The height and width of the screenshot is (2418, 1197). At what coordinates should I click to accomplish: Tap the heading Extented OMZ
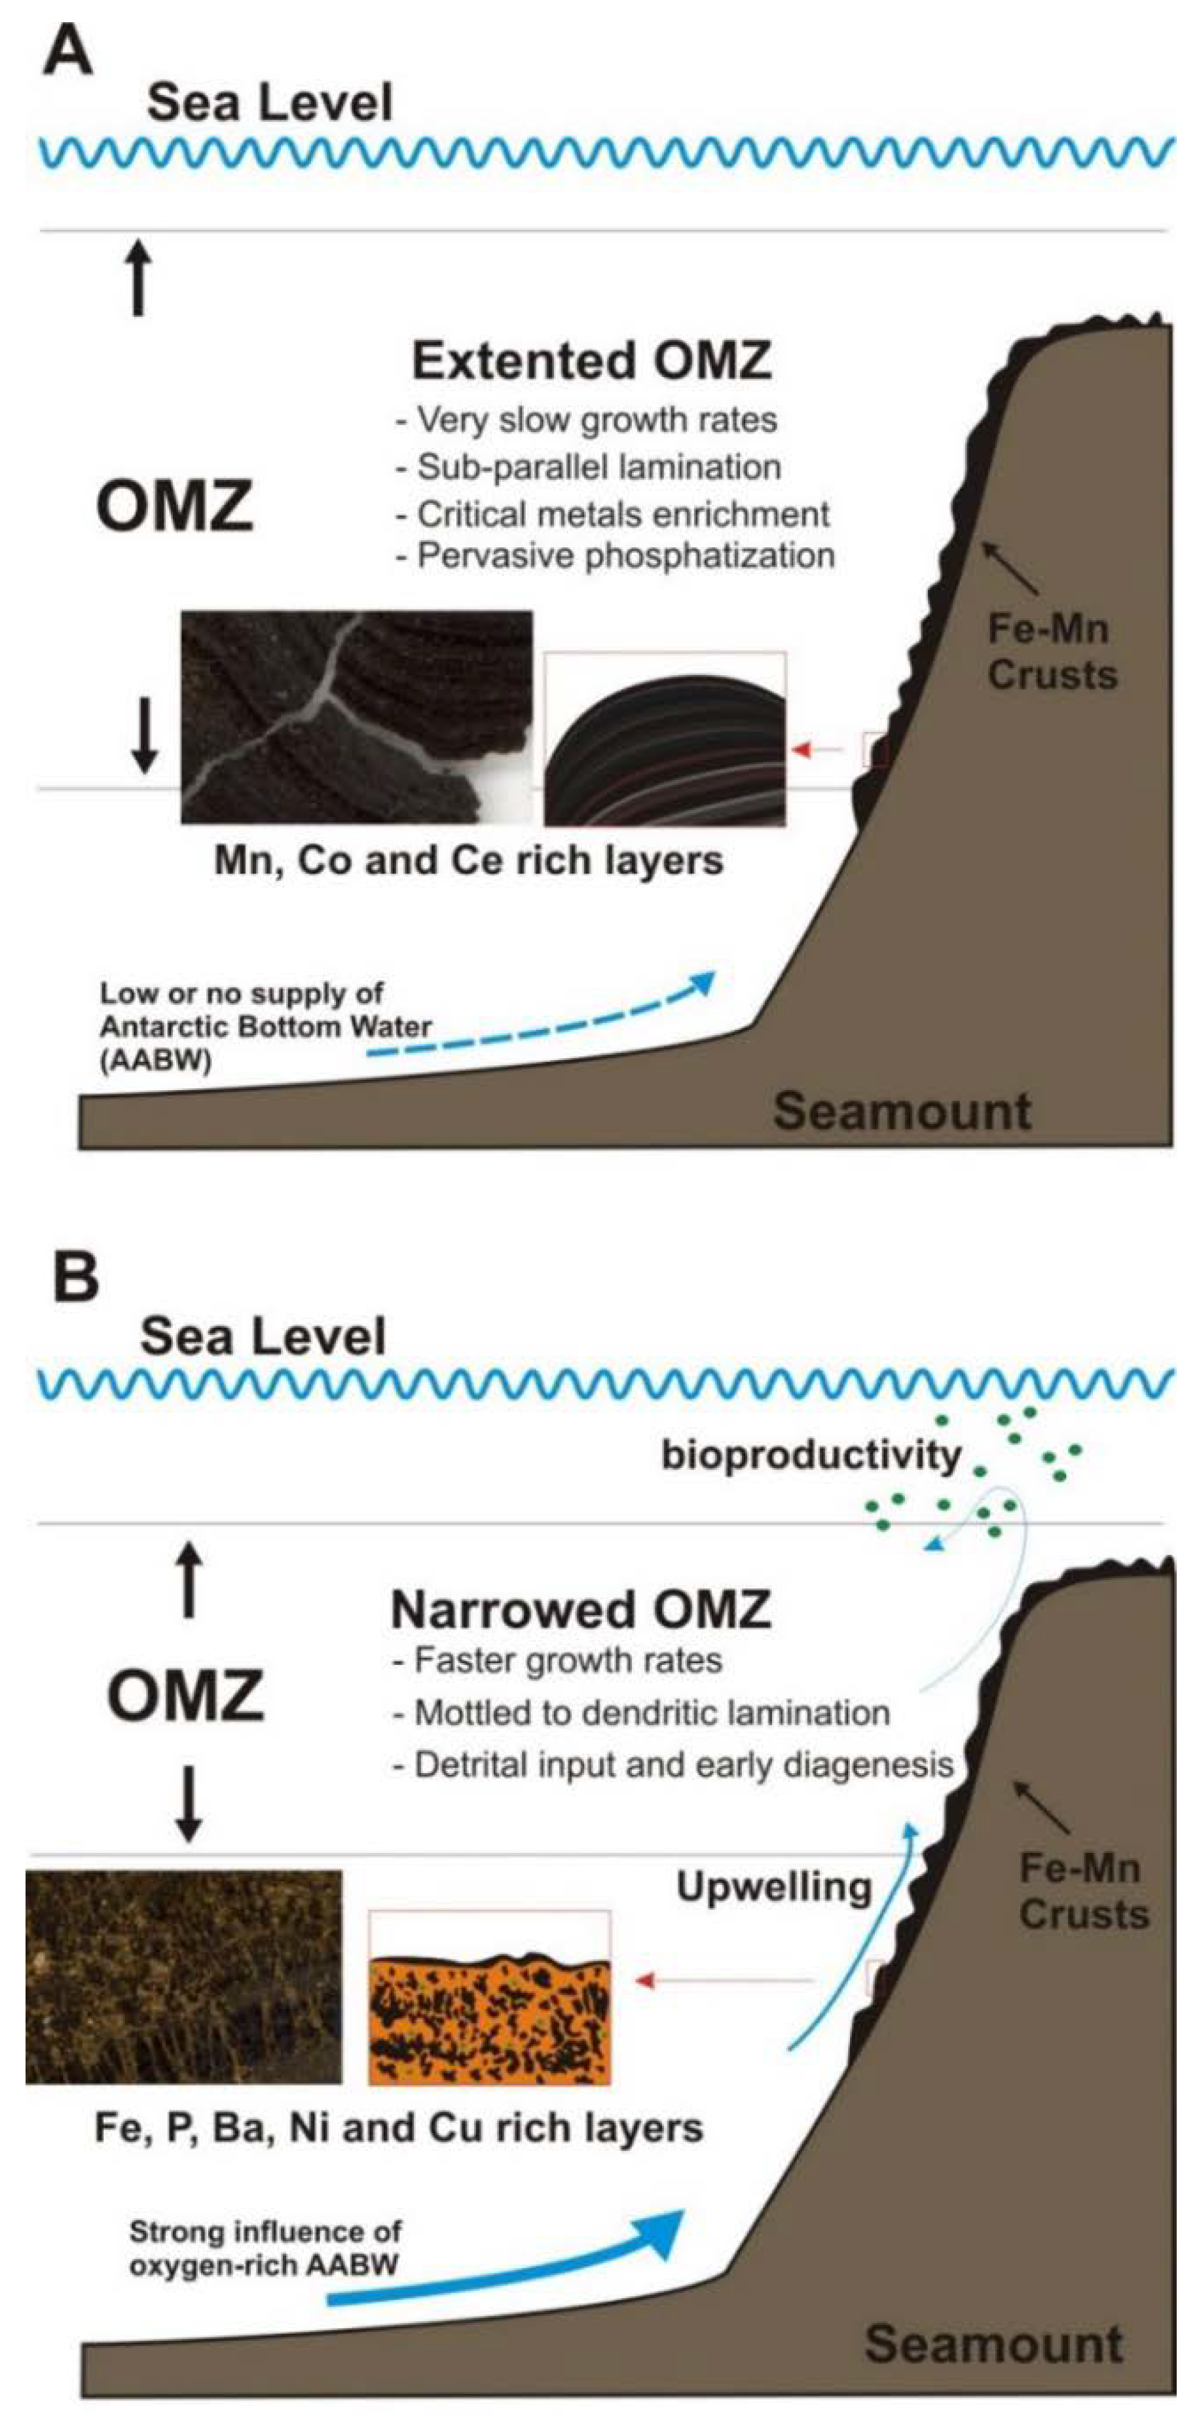pos(591,361)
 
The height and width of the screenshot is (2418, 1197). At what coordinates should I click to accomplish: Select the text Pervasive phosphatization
pos(624,556)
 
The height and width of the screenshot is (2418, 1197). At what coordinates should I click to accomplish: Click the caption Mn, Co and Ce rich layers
pos(468,861)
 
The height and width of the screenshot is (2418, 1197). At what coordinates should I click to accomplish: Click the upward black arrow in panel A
pos(138,278)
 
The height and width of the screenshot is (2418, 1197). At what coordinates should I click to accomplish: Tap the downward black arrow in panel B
pos(189,1803)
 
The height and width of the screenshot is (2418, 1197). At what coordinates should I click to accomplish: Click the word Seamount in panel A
pos(901,1111)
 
